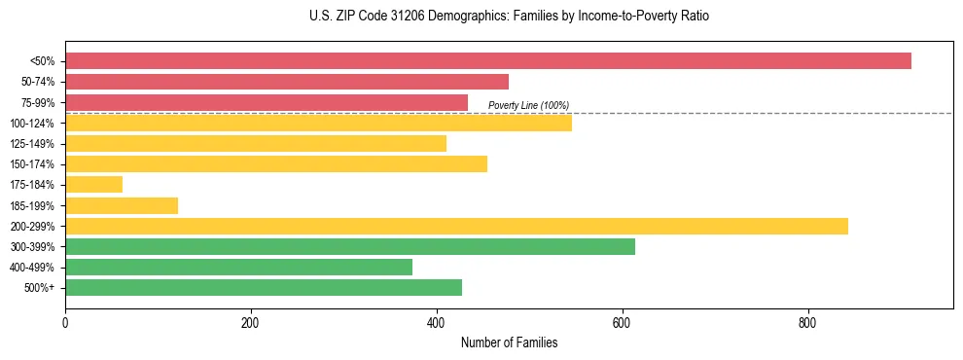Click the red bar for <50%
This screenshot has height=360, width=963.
click(x=487, y=61)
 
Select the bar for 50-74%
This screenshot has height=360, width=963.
click(x=287, y=82)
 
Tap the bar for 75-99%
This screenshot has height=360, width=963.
click(x=267, y=102)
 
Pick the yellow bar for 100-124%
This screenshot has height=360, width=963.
click(x=318, y=123)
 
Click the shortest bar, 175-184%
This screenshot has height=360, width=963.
click(x=93, y=184)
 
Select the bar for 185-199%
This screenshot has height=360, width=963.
click(x=122, y=205)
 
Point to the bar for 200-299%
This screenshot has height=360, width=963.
click(x=456, y=226)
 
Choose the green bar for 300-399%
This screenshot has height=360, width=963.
click(x=350, y=246)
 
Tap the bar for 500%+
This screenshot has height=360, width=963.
click(x=264, y=287)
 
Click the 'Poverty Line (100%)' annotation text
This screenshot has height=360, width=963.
click(x=528, y=105)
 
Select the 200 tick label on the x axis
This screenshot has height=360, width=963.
click(x=251, y=323)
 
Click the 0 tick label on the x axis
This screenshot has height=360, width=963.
click(x=65, y=323)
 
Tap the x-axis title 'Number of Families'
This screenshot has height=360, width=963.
click(x=509, y=342)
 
